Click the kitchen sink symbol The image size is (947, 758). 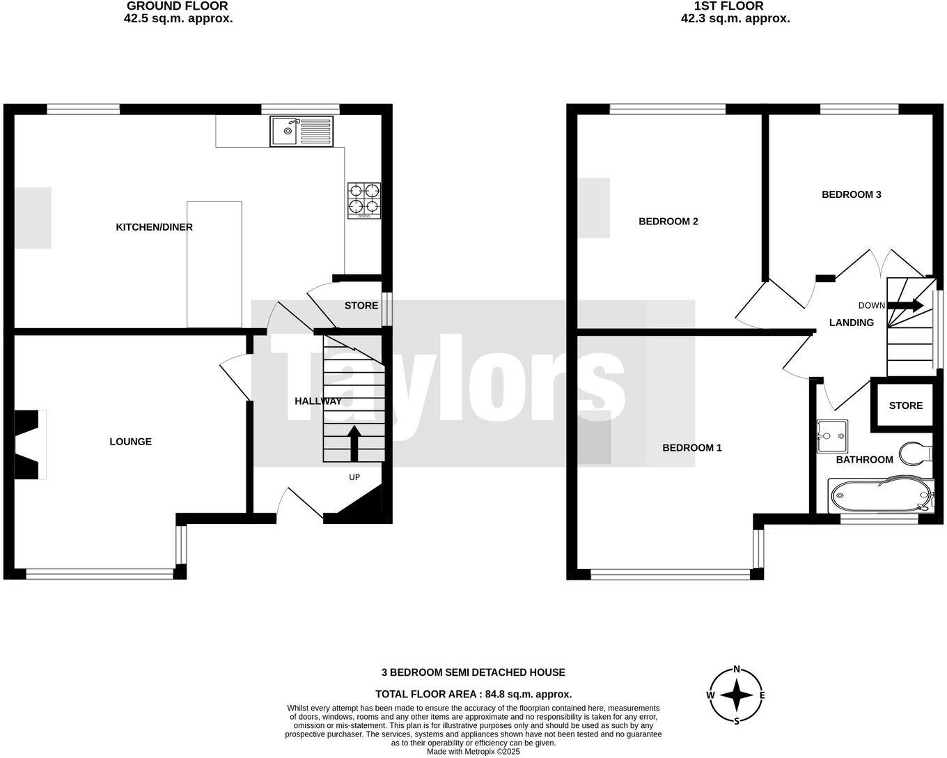tap(302, 132)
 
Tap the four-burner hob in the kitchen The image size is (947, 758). tap(364, 200)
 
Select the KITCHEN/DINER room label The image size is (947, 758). tap(154, 227)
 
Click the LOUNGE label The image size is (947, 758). tap(130, 442)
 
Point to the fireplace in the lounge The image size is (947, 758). tap(29, 444)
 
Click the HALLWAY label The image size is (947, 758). tap(318, 401)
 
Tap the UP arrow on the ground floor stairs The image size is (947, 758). tap(354, 443)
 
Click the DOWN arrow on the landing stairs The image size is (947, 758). tap(905, 305)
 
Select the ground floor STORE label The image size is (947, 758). tap(361, 306)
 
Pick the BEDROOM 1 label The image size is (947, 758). tap(691, 448)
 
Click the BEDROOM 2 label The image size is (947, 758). tap(668, 222)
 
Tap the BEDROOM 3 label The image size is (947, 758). tap(851, 194)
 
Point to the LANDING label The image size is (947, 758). tap(851, 323)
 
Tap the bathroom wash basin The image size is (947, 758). tap(831, 435)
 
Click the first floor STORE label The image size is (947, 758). tap(905, 405)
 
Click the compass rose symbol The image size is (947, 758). tap(736, 695)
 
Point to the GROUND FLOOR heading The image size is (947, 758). tap(178, 6)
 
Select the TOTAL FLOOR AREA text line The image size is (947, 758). tap(473, 694)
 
